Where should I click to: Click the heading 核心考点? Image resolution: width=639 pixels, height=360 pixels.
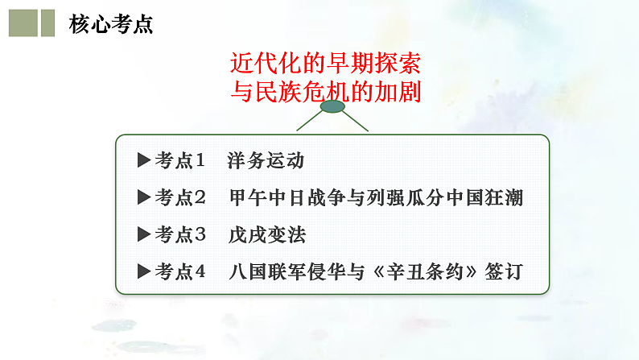pos(110,24)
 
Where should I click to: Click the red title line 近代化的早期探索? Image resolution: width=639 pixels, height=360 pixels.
pos(325,62)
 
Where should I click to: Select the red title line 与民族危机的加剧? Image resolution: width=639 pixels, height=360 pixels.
pos(325,92)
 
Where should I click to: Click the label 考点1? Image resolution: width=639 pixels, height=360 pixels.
pos(180,159)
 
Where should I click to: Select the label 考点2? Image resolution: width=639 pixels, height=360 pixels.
pos(180,197)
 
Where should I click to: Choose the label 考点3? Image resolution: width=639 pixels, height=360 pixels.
pos(180,234)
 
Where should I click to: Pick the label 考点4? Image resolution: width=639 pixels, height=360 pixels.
pos(180,271)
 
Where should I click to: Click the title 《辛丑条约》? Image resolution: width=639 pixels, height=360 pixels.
pos(418,271)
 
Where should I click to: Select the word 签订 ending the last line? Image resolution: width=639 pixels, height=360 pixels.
pos(505,271)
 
